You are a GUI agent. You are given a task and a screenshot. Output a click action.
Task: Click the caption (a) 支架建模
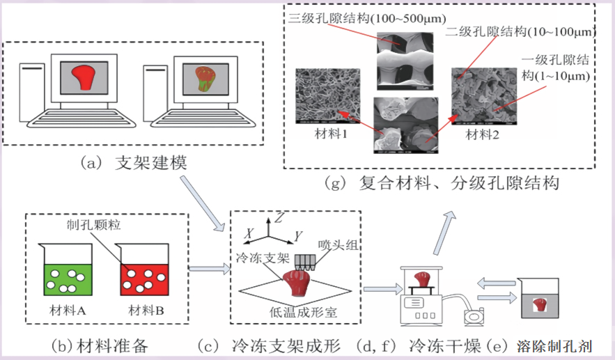[134, 162]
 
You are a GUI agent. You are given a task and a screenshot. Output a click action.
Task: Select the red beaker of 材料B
[141, 275]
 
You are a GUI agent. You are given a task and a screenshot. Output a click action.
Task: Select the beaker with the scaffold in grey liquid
[538, 303]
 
